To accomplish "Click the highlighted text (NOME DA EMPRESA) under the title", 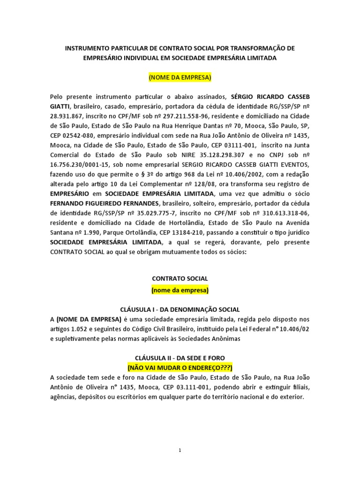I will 180,76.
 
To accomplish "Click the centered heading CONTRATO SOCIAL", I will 180,278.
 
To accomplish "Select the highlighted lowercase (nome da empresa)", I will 180,290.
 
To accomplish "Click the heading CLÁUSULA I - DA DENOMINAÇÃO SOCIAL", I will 180,309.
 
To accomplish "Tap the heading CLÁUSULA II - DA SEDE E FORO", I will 180,358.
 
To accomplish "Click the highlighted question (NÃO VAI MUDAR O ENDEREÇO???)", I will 180,367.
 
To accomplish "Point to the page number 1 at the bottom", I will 180,450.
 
